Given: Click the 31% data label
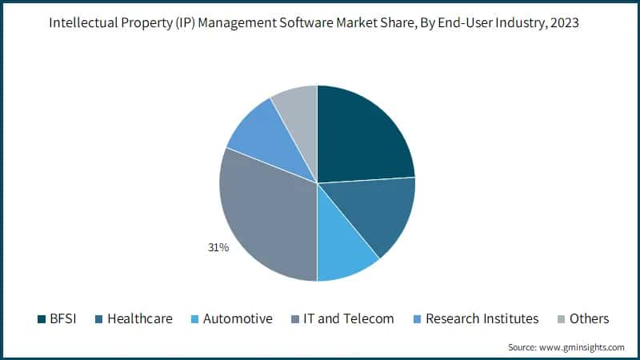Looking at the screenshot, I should tap(218, 248).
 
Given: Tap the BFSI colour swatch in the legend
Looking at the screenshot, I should tap(42, 319).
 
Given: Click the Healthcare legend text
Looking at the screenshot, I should tap(139, 318).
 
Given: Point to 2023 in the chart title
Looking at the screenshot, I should tap(563, 23).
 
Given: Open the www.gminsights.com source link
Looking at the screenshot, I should tap(584, 347).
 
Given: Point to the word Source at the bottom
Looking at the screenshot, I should tap(523, 347).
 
